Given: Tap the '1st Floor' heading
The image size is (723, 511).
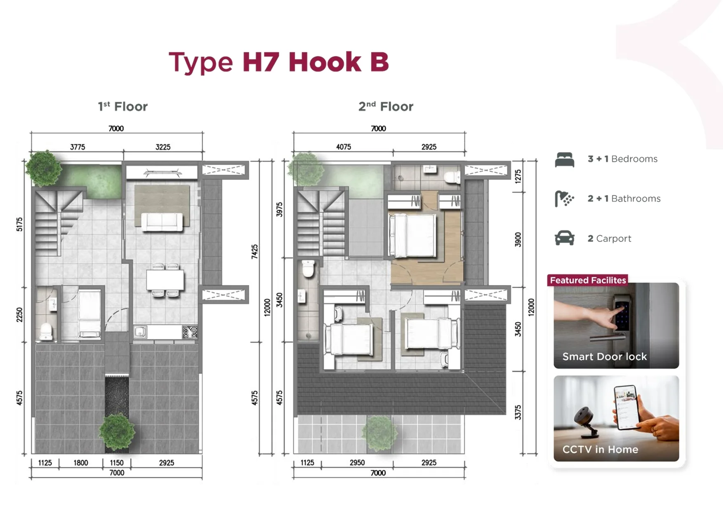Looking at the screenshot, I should [122, 107].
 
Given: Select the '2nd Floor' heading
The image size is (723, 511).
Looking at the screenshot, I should [386, 107].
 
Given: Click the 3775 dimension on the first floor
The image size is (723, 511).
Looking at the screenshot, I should [78, 147].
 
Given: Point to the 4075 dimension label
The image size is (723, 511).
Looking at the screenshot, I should [344, 147].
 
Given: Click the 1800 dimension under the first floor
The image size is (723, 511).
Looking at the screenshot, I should [81, 463].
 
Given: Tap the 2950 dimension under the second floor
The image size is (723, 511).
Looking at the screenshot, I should [357, 463].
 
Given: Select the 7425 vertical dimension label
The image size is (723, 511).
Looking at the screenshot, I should [255, 251].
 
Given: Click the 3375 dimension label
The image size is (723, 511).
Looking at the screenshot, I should [518, 413].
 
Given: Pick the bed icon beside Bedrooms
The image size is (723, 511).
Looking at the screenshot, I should [564, 159].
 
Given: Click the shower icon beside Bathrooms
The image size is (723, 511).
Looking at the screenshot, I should [564, 199].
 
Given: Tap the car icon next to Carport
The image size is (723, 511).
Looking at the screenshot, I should [564, 238].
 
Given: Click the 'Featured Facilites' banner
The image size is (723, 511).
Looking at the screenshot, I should [588, 280].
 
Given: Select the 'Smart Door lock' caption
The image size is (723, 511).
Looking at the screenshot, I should [605, 356].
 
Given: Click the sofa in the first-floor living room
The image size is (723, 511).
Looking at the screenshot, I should [162, 222].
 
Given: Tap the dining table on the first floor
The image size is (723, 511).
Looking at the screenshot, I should [165, 280].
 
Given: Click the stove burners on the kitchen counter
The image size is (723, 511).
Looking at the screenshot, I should [190, 332].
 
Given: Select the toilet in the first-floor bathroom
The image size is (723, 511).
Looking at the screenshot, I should [46, 331].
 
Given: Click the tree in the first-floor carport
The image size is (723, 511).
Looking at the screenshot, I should [117, 431].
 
